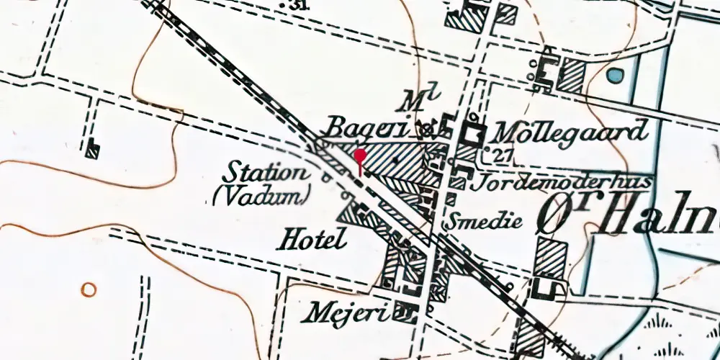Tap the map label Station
[263, 174]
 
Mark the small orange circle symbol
[89, 289]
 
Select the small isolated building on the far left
[91, 150]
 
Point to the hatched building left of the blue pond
[572, 74]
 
